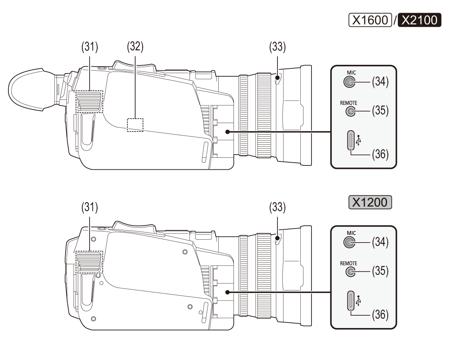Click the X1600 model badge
click(x=370, y=20)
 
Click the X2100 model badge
click(x=419, y=20)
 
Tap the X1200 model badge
click(x=370, y=202)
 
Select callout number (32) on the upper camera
click(x=135, y=47)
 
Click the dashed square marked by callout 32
click(x=135, y=125)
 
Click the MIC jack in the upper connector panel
click(x=349, y=82)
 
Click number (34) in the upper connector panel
click(x=380, y=83)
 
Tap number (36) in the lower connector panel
click(x=380, y=315)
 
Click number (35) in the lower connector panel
click(x=380, y=272)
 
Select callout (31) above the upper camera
click(x=90, y=47)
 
